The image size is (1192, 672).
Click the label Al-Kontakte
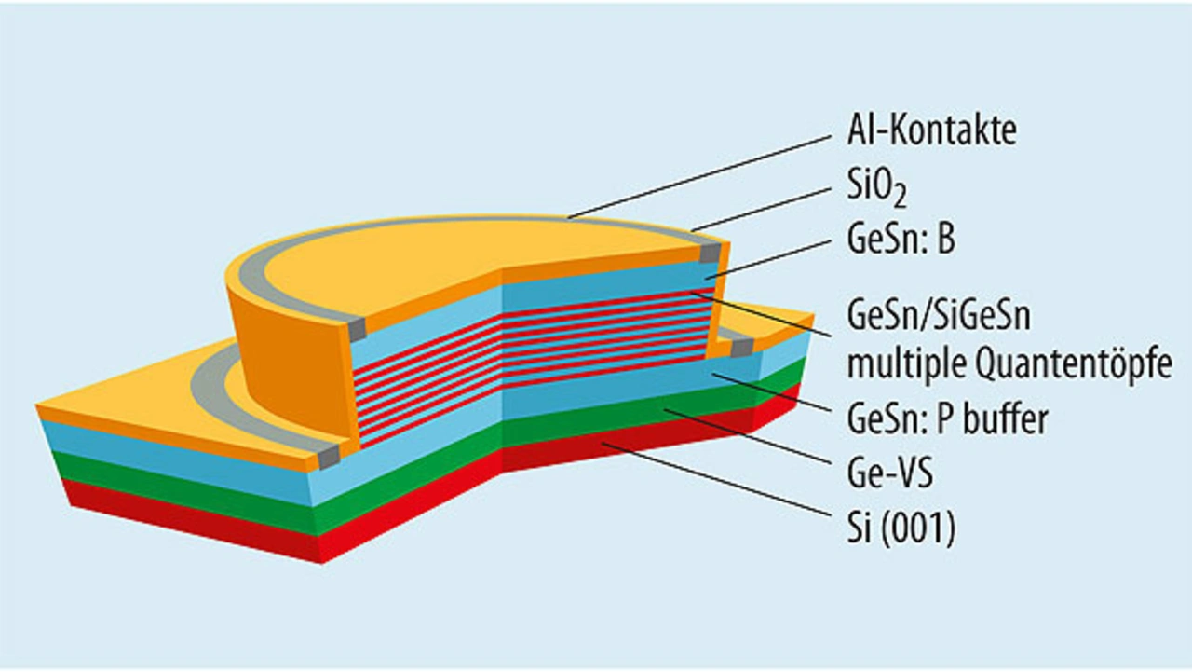coord(930,131)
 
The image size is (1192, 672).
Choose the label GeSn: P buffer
coord(947,419)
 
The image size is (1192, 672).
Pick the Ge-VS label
coord(889,474)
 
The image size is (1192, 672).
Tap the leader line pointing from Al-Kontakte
coord(698,176)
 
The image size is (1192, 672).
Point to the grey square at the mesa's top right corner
coord(711,253)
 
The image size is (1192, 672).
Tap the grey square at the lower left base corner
coord(328,456)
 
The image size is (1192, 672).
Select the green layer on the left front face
coord(186,477)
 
